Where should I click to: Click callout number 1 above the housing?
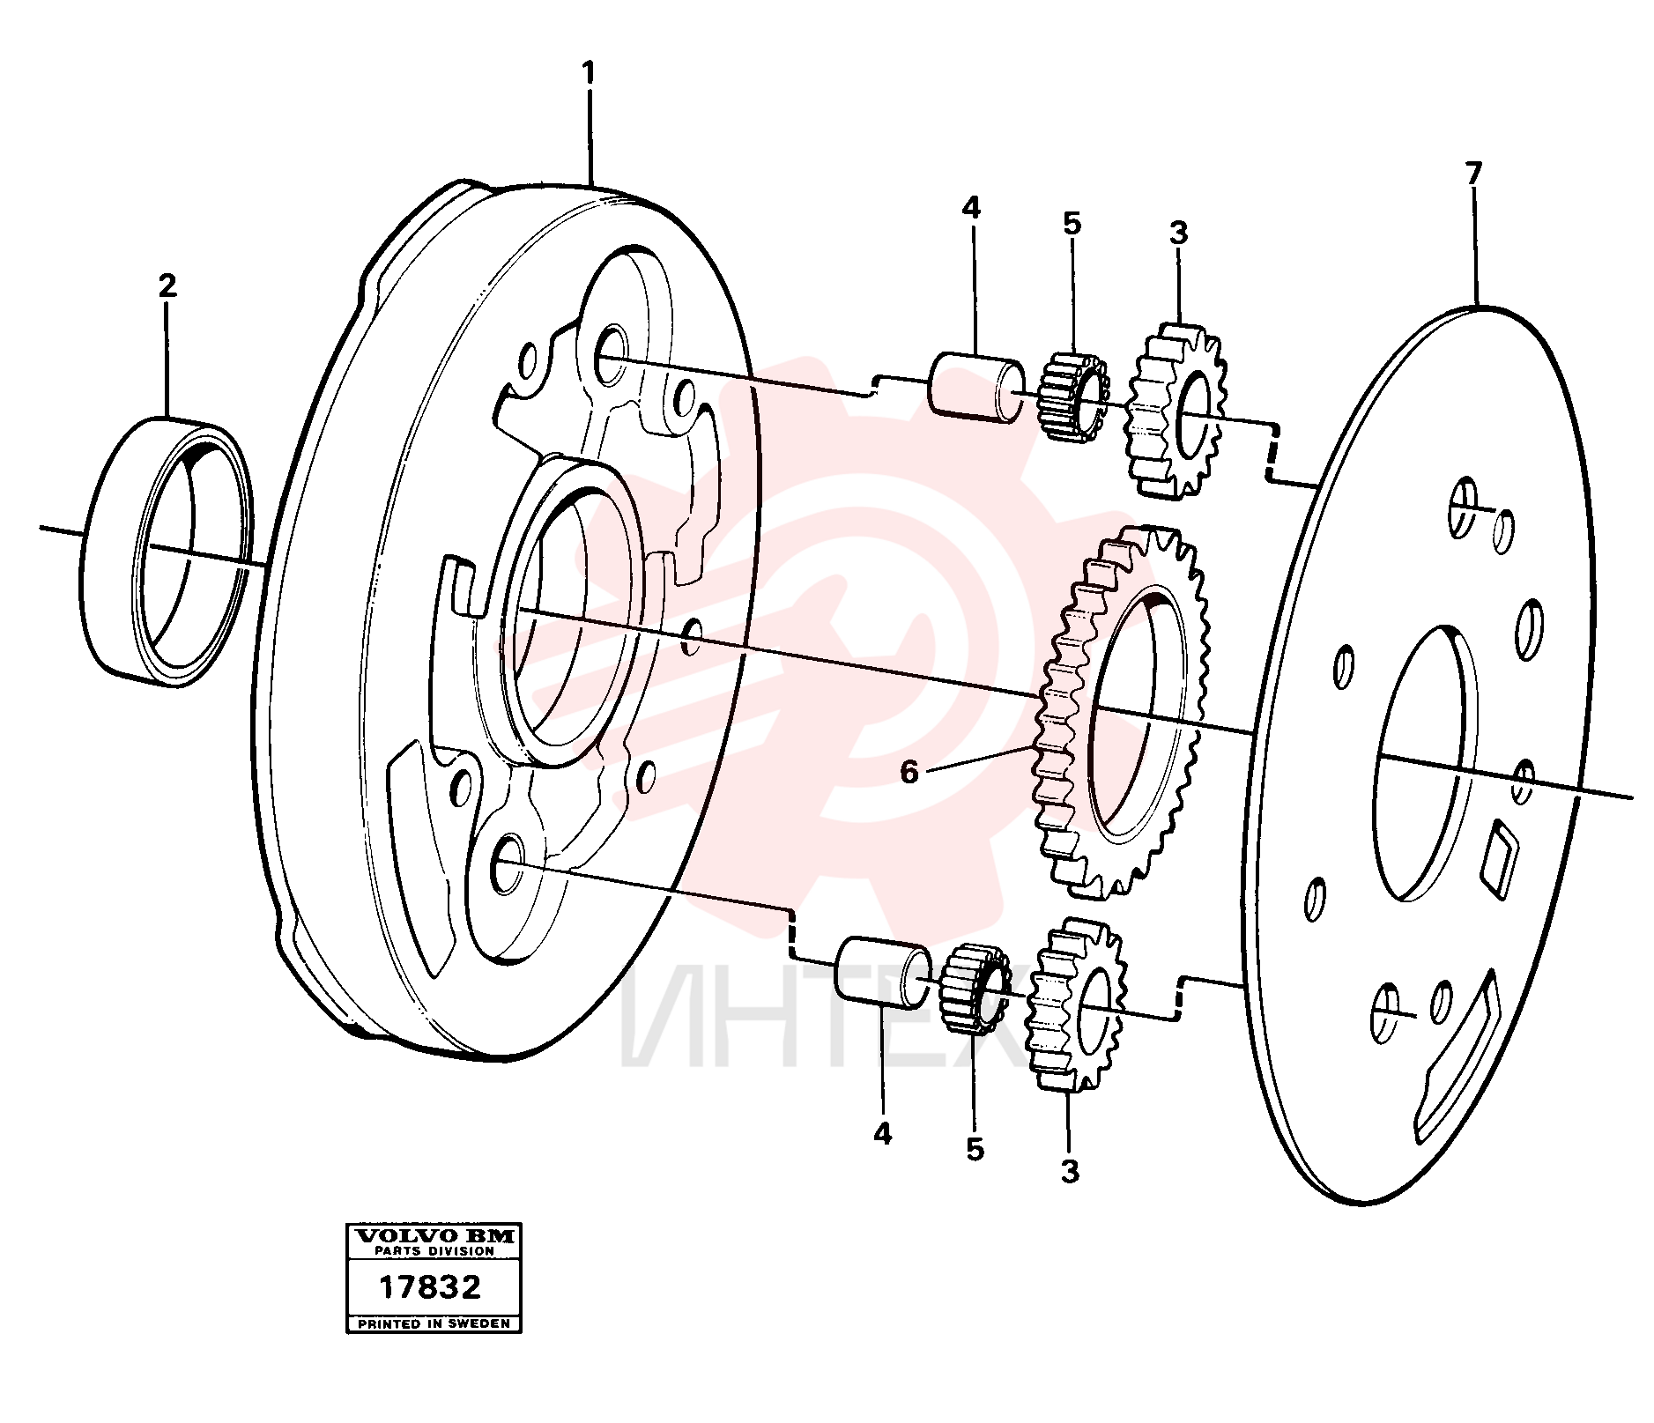pos(589,73)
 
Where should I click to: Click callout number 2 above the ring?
pos(167,285)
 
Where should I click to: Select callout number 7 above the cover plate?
pos(1474,173)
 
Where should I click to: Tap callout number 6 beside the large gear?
pos(909,773)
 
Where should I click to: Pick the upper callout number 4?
pos(970,208)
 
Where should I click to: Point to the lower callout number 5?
pos(975,1149)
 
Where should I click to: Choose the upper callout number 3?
pos(1178,233)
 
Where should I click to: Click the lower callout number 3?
pos(1070,1172)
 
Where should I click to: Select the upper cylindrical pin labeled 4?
pos(976,387)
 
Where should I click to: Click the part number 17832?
pos(430,1287)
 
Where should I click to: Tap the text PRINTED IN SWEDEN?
pos(433,1323)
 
